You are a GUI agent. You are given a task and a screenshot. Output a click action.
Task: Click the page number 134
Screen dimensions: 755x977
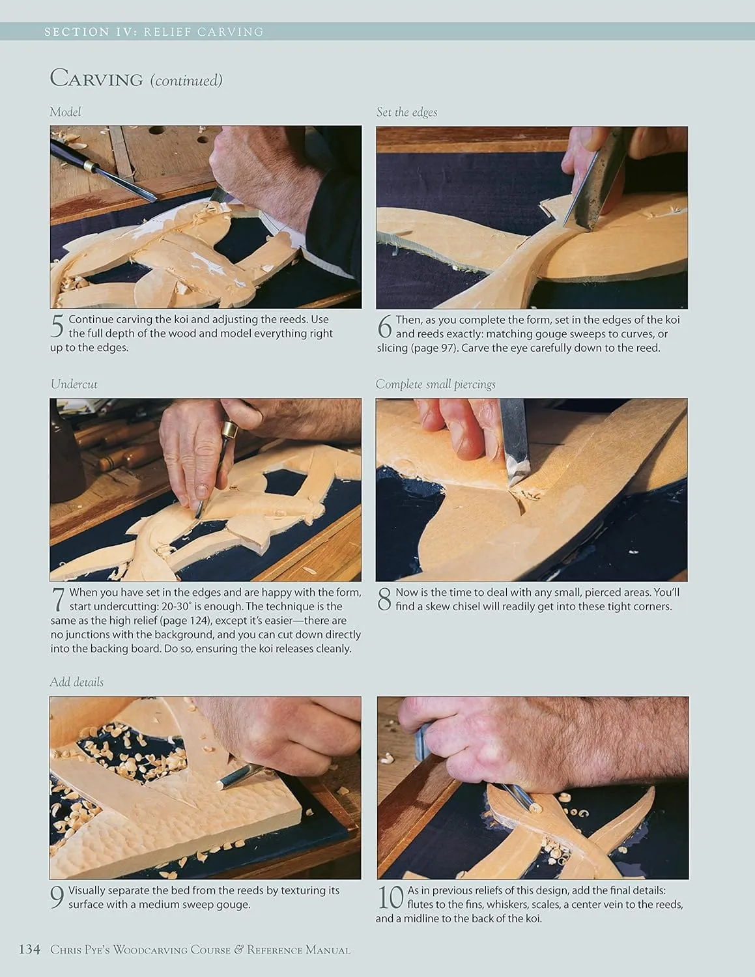point(30,949)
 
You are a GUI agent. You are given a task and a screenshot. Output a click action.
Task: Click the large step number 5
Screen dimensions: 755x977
point(57,326)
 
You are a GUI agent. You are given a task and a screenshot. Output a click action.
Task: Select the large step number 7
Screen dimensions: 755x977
point(59,599)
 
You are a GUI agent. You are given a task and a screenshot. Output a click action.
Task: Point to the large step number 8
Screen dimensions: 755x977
point(384,599)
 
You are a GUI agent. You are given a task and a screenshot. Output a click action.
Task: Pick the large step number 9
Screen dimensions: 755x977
point(57,898)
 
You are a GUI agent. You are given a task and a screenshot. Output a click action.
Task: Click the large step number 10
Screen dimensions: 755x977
point(390,898)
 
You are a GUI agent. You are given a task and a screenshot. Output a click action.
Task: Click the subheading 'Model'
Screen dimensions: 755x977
point(65,112)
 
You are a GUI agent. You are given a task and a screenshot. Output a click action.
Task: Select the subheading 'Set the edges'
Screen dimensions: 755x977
point(406,113)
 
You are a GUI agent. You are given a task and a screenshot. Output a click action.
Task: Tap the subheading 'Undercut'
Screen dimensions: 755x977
point(74,384)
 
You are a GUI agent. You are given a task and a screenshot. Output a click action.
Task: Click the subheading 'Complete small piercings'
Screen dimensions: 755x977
point(436,384)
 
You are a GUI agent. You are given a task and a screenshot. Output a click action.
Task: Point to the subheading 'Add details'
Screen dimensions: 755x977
point(76,682)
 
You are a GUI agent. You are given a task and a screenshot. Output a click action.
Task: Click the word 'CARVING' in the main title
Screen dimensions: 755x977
point(96,78)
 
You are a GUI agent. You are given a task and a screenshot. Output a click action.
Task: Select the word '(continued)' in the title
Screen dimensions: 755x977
point(186,81)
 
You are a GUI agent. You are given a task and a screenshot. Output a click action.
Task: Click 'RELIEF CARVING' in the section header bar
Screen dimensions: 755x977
point(203,32)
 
